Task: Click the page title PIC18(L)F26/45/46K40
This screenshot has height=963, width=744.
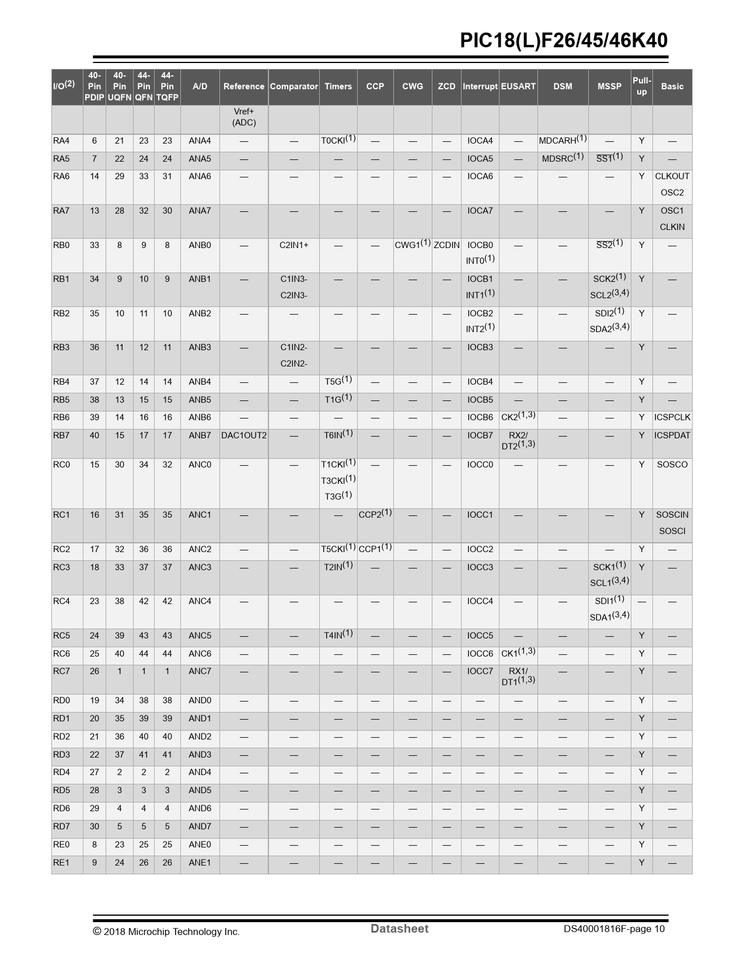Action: pos(563,40)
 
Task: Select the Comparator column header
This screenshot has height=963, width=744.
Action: pos(294,86)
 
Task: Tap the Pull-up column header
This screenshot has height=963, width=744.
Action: pos(641,86)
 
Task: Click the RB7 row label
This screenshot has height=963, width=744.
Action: pos(61,435)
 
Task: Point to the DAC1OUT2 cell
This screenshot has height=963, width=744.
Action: pos(244,435)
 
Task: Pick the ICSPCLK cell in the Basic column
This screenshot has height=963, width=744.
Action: pos(672,417)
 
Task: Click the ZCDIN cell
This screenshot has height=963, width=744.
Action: pos(446,245)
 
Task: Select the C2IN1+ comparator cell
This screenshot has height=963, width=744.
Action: pos(294,245)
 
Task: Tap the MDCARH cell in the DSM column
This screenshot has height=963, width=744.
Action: pos(563,141)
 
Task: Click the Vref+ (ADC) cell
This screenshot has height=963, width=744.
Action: pos(244,117)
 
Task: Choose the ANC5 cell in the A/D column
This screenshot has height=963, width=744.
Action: pos(200,636)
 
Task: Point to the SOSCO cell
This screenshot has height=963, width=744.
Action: pos(672,465)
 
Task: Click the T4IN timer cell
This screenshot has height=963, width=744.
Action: pos(338,635)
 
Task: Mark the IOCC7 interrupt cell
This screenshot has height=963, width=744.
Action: pos(480,671)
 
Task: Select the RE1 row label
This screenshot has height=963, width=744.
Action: pos(61,863)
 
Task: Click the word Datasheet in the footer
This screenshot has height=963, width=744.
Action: pos(399,929)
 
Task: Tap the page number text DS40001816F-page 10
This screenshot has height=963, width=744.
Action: pos(614,929)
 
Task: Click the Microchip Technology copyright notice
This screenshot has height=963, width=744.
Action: pos(166,931)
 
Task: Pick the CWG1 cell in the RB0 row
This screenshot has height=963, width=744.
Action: pos(412,245)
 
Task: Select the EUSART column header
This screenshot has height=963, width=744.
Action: pos(518,86)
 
